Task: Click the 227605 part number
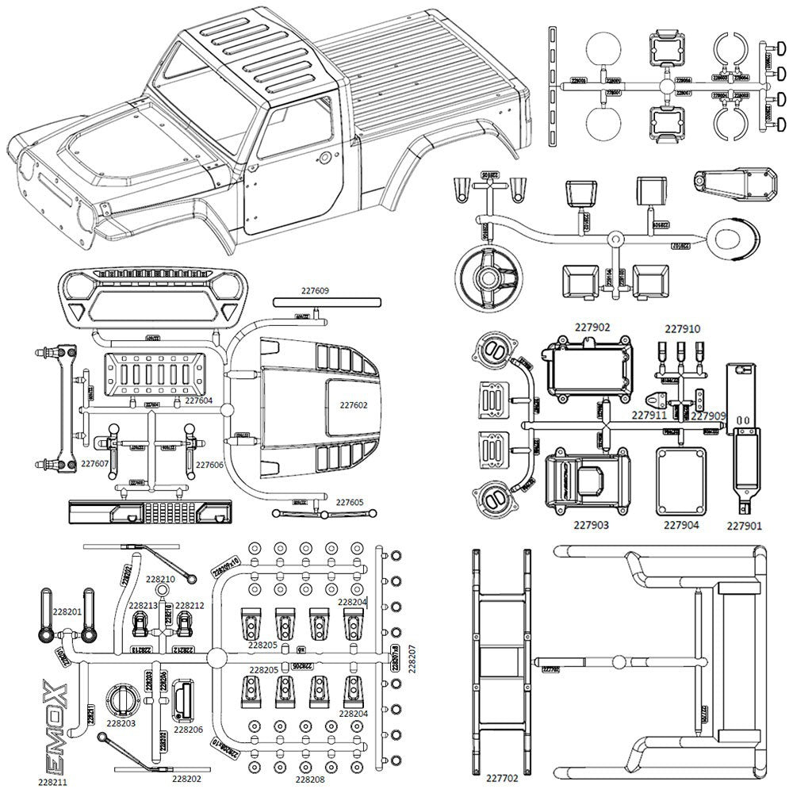click(350, 502)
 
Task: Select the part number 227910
click(682, 328)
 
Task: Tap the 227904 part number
click(682, 524)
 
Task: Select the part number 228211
click(53, 781)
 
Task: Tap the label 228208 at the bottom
click(311, 780)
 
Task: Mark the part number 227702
click(503, 780)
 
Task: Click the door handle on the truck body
click(324, 158)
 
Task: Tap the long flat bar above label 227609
click(327, 302)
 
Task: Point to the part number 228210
click(161, 580)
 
